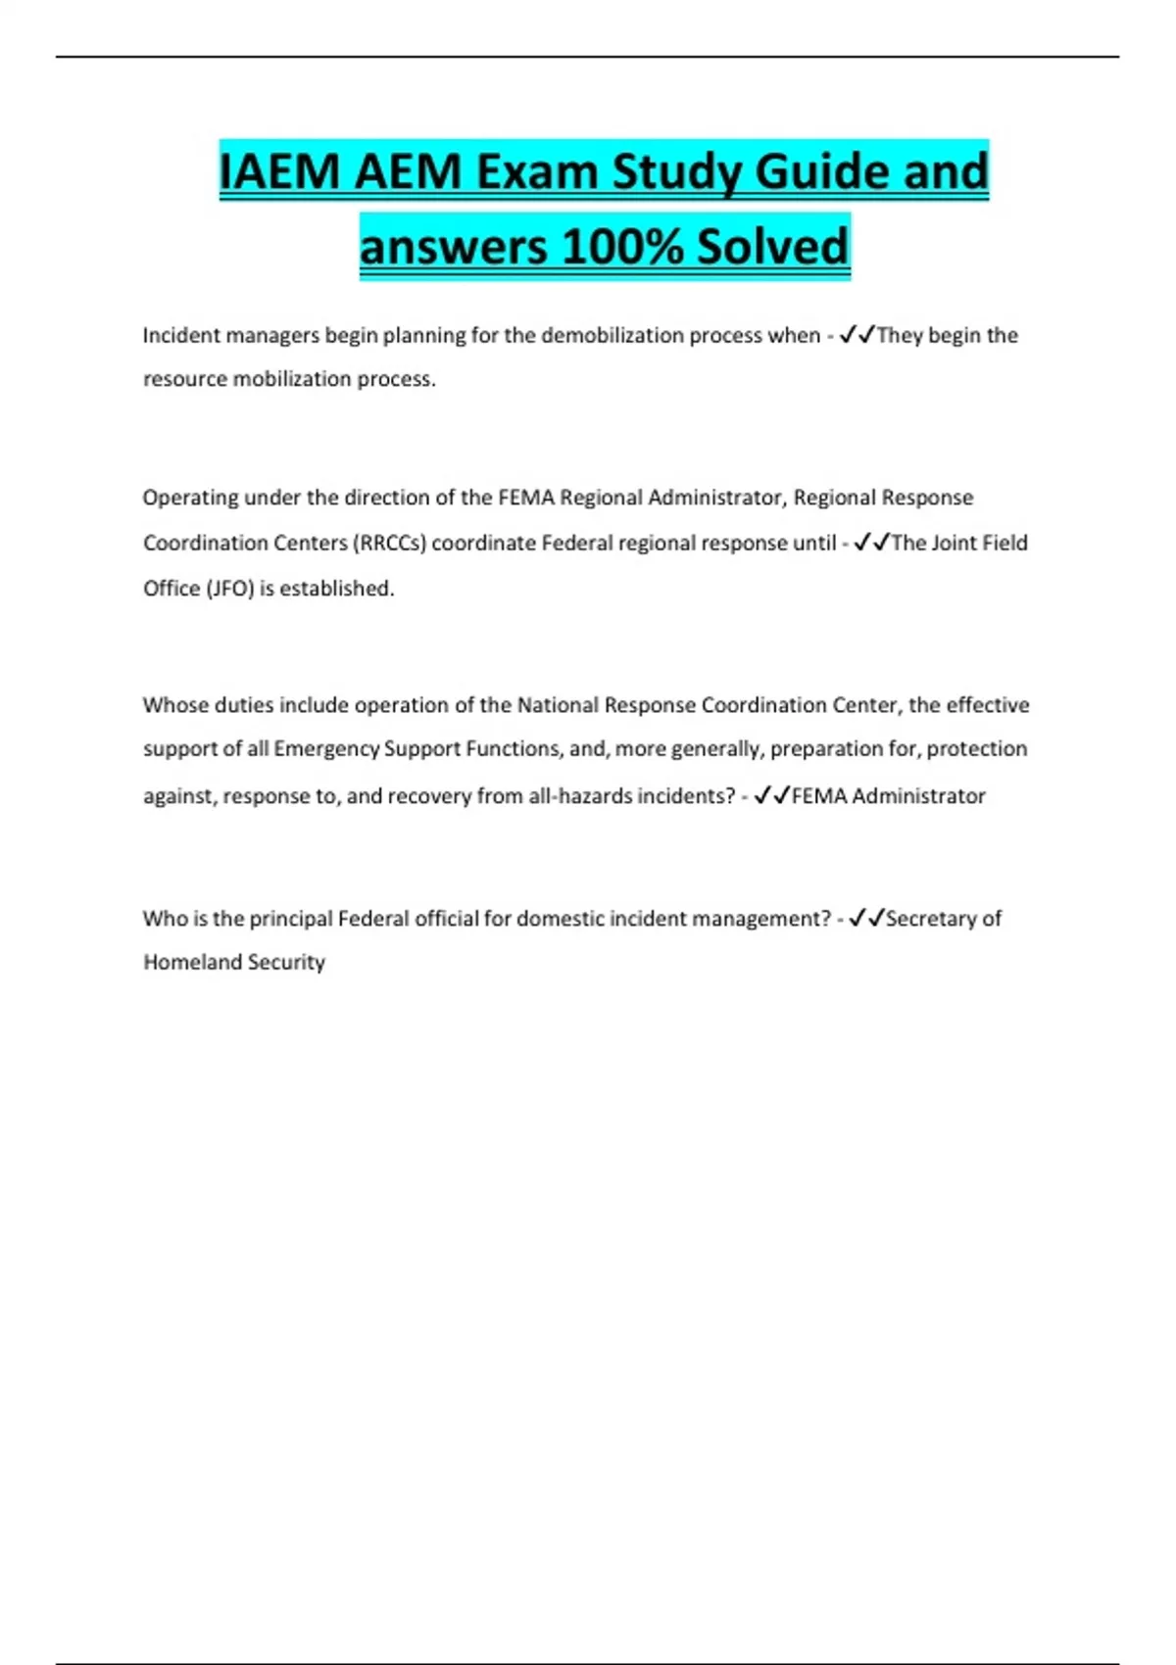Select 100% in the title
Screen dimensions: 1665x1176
622,246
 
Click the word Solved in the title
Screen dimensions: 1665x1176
772,246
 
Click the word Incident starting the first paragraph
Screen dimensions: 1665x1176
181,336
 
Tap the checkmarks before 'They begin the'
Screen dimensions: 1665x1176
857,336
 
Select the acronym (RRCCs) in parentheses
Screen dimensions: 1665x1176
392,544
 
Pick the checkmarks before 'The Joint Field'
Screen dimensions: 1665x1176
871,544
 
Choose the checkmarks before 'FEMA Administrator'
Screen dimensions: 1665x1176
772,796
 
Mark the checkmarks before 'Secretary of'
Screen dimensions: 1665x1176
866,919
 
